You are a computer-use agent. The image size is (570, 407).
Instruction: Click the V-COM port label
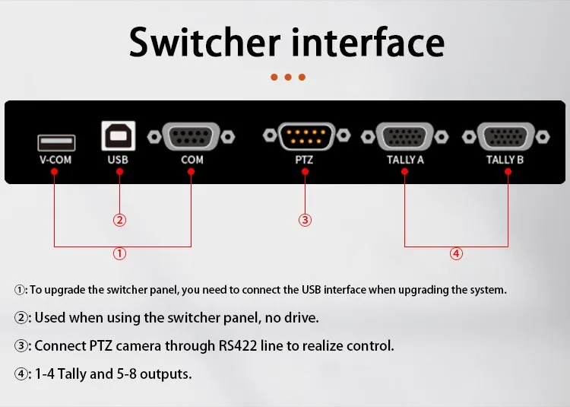coord(55,160)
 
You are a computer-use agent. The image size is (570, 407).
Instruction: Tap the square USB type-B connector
coord(119,135)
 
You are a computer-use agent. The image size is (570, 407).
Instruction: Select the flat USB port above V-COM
coord(56,142)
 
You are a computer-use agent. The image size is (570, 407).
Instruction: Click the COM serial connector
coord(192,137)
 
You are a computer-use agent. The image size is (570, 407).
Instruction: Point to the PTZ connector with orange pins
coord(306,136)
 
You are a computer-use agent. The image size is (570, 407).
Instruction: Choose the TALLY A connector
coord(404,137)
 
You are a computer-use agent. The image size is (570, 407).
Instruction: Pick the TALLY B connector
coord(505,137)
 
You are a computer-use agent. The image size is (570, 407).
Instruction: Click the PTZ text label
coord(304,160)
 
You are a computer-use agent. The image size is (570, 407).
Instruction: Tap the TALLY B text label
coord(505,160)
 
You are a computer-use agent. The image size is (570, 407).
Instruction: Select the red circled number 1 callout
coord(119,253)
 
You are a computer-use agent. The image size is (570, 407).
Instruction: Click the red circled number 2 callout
coord(119,220)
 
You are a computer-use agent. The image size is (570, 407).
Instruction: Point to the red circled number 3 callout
coord(305,220)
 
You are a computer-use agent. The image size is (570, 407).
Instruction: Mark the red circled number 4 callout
coord(456,253)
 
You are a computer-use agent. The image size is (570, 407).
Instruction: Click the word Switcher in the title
coord(204,42)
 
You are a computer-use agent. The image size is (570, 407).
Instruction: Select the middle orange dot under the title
coord(288,77)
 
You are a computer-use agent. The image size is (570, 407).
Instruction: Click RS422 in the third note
coord(238,345)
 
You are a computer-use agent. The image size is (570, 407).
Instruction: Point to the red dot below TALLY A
coord(404,172)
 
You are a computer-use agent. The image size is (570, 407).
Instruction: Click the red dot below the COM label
coord(192,172)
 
